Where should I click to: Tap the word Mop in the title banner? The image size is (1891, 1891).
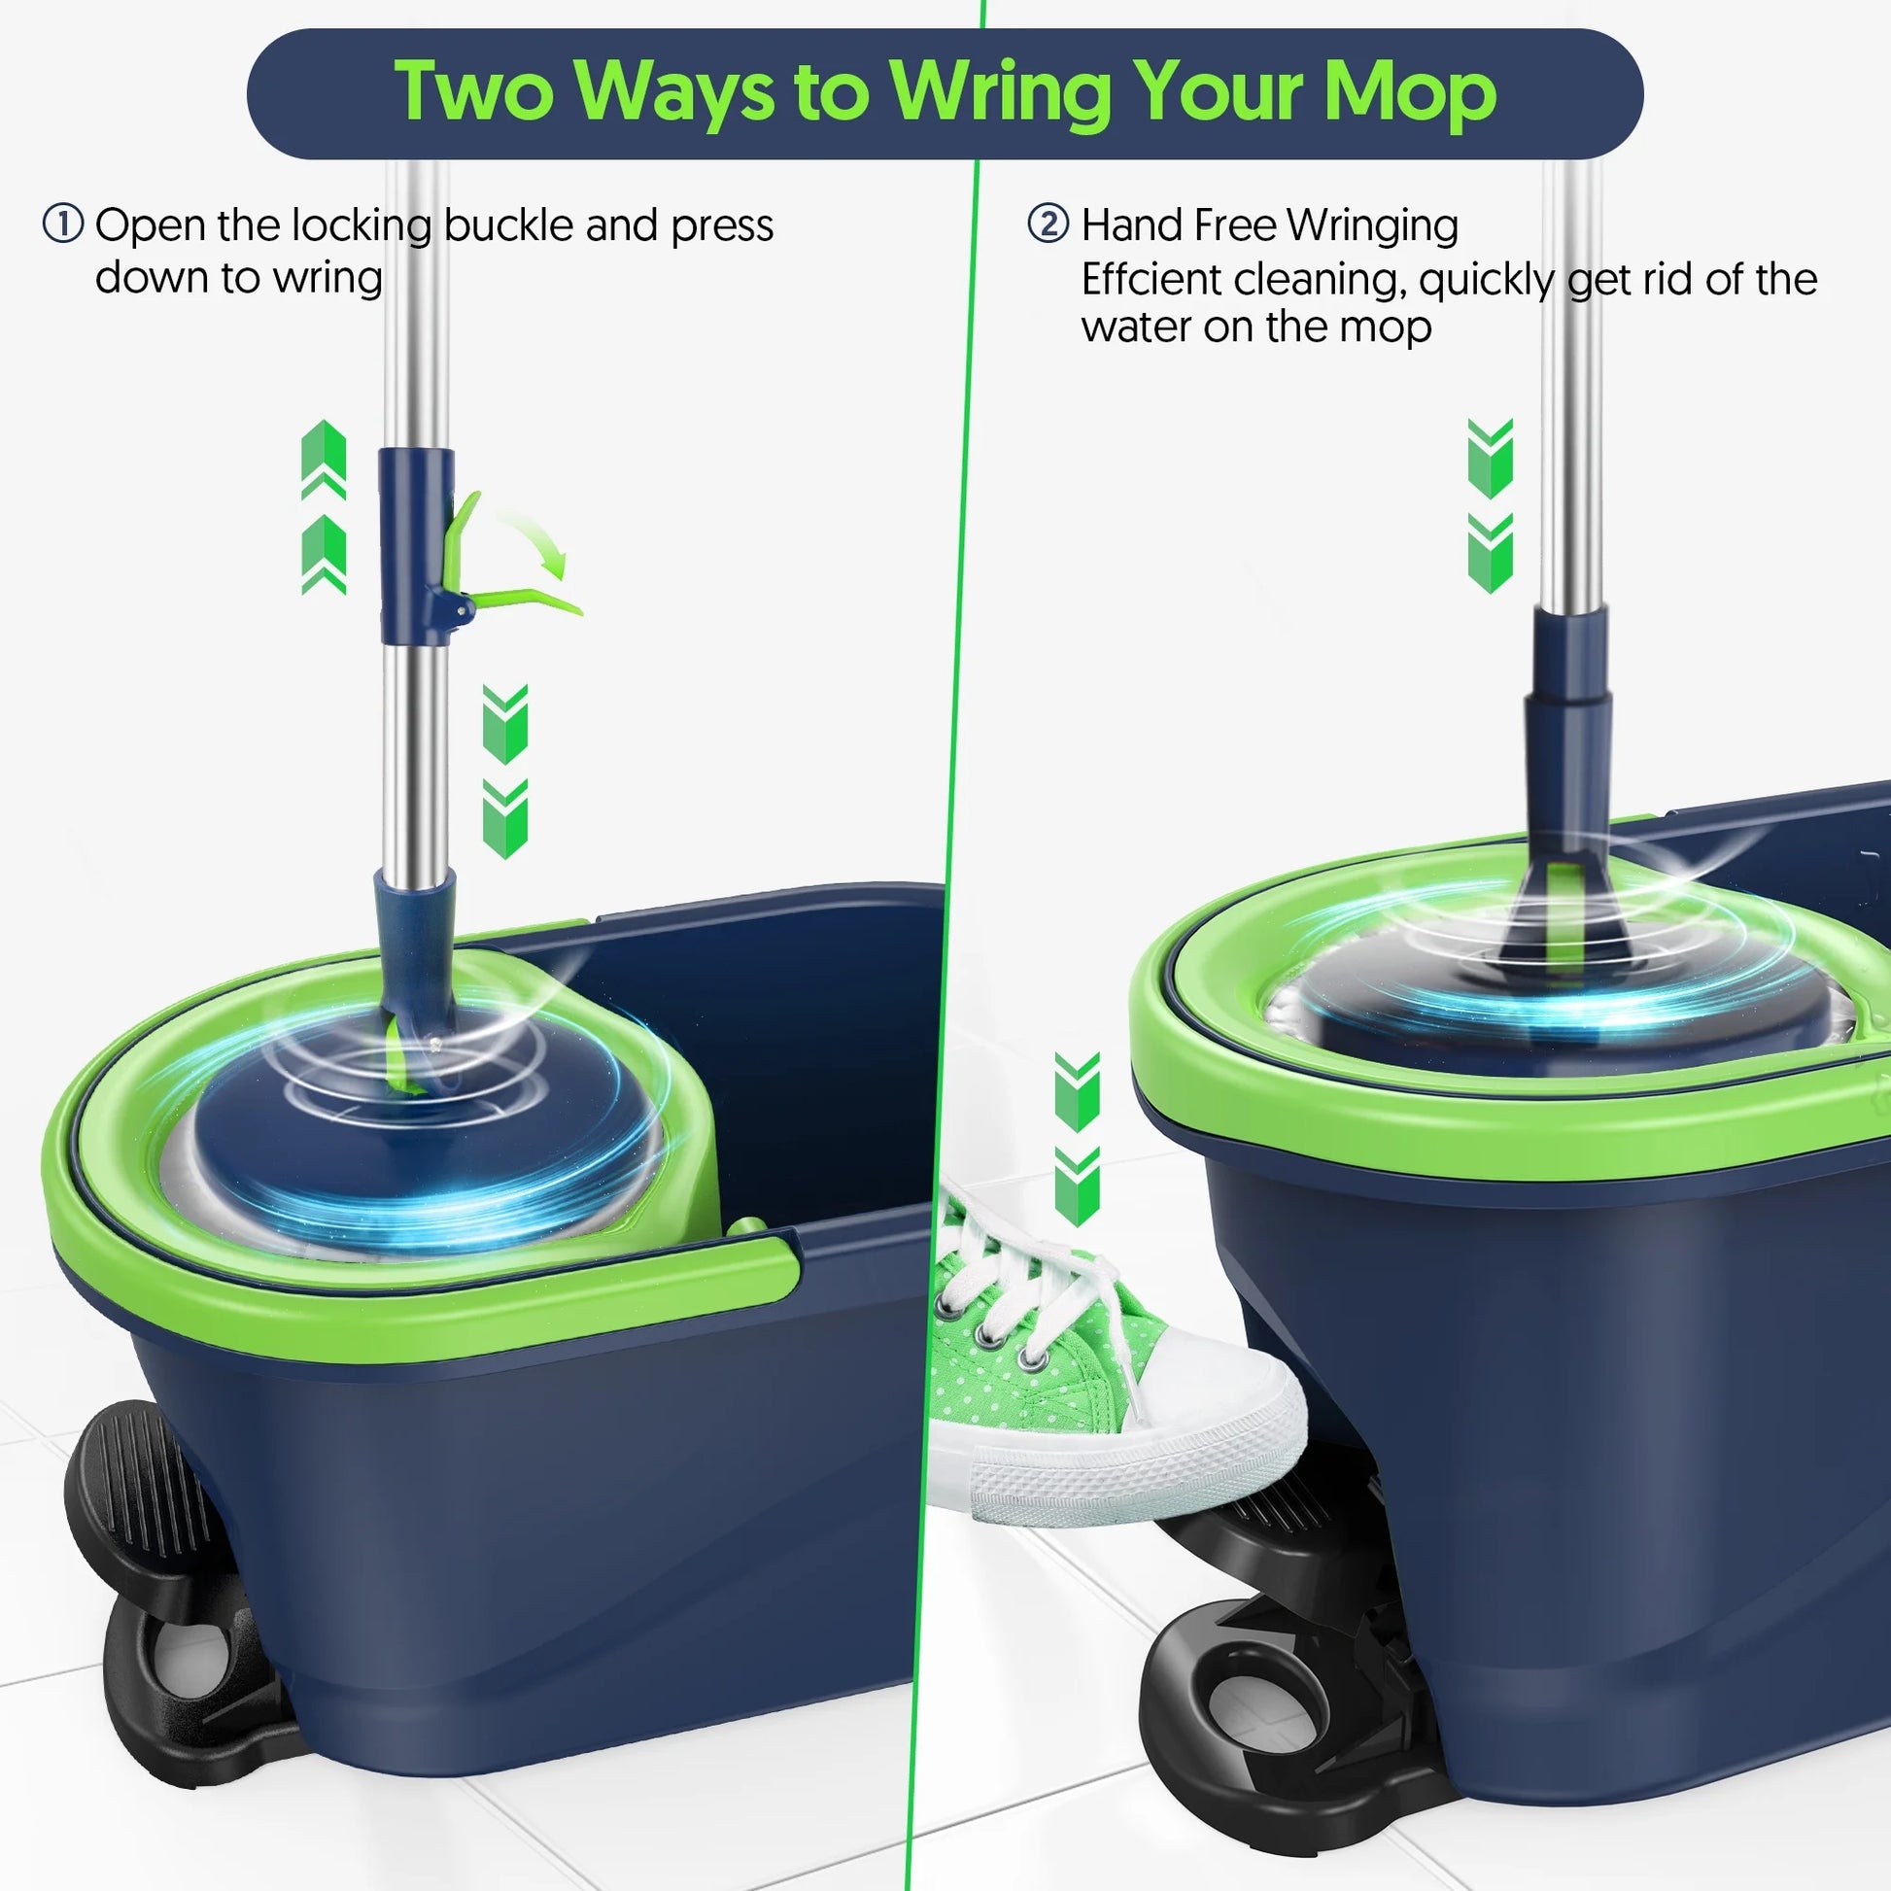point(1410,93)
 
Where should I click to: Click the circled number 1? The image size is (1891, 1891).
point(63,224)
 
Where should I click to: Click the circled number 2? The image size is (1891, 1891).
point(1049,224)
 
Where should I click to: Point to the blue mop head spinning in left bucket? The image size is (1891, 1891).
point(411,1155)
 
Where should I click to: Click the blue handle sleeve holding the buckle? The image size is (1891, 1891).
point(415,543)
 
